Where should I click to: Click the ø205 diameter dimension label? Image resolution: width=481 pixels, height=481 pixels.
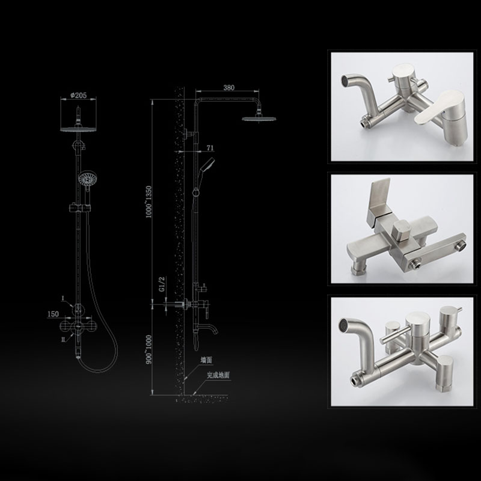[79, 96]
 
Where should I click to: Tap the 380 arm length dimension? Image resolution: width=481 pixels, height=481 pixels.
[229, 87]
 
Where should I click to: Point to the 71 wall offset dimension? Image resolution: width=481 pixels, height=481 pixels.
[210, 148]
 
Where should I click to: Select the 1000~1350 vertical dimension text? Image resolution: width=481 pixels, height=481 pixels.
[149, 201]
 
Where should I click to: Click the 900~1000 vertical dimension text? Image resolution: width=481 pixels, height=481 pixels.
[149, 349]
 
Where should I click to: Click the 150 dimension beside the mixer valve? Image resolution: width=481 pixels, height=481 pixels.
[53, 314]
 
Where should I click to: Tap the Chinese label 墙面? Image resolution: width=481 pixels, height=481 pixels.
[206, 360]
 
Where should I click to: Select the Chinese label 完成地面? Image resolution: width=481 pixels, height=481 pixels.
[218, 375]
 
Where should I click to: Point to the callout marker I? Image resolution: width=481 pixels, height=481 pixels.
[63, 298]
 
